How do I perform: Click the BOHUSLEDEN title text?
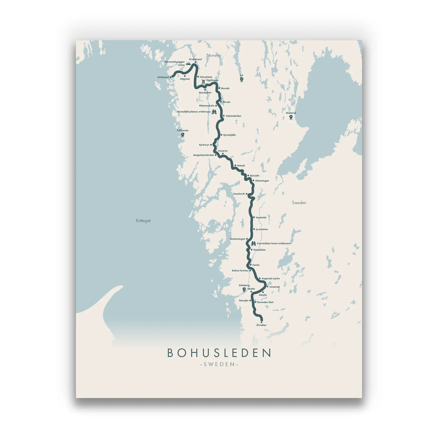point(219,353)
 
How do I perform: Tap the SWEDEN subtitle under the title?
point(219,364)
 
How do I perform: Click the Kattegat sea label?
point(143,221)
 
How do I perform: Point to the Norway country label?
point(214,55)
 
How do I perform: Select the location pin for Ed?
point(242,79)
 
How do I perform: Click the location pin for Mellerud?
point(291,117)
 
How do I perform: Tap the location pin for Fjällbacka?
point(183,135)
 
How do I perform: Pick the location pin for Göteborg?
point(244,290)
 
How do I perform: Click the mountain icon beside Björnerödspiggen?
point(188,64)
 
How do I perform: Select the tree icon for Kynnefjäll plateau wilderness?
point(214,112)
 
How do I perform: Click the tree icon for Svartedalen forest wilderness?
point(253,243)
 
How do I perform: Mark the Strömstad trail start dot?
point(171,77)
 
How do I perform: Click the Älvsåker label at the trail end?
point(261,325)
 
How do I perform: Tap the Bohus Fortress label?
point(240,271)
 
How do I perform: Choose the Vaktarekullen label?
point(233,116)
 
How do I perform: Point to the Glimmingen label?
point(262,181)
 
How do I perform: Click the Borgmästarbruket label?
point(203,155)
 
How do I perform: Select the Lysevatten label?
point(262,229)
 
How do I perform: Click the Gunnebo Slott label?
point(265,302)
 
